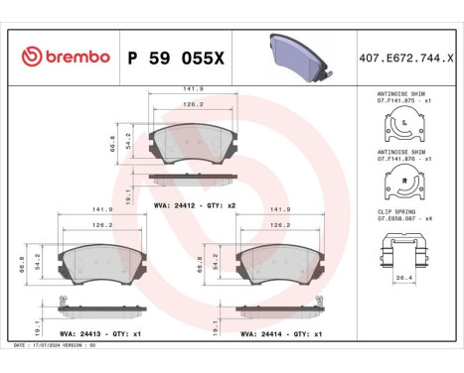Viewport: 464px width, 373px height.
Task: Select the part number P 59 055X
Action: pos(172,58)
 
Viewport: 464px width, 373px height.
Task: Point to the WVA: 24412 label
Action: pos(175,204)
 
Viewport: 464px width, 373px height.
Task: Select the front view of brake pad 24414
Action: pos(280,262)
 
